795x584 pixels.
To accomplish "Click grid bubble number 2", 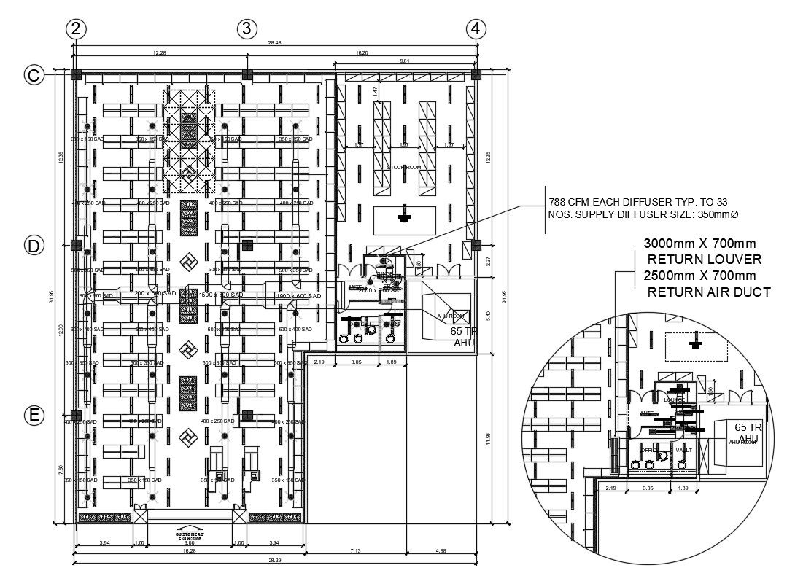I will pos(76,28).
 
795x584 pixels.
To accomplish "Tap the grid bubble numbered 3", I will pos(247,28).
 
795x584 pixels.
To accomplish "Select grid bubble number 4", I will pos(476,28).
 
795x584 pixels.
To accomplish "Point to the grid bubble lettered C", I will pos(34,74).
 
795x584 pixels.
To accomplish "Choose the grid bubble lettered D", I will pos(34,246).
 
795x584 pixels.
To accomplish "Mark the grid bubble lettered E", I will pos(34,416).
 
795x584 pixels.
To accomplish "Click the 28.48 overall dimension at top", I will pos(274,43).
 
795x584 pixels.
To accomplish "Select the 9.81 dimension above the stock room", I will pos(403,61).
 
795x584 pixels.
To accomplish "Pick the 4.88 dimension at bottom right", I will pos(441,550).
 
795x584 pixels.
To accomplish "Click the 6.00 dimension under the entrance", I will pos(190,543).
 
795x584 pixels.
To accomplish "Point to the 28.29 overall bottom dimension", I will pos(274,560).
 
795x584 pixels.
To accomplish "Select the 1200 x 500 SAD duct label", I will pos(155,293).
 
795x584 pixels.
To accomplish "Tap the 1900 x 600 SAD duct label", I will pos(298,296).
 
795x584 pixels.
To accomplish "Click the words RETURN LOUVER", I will pos(705,259).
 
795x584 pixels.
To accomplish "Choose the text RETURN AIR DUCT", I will pos(709,292).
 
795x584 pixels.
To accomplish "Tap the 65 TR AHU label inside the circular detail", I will pos(748,432).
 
